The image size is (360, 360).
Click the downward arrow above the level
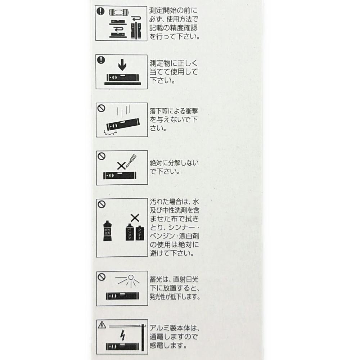click(x=122, y=65)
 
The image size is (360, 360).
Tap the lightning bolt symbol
click(x=123, y=336)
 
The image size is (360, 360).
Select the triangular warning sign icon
click(x=102, y=325)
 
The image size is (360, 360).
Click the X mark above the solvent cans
click(x=135, y=218)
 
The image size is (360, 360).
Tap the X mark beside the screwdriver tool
click(x=121, y=166)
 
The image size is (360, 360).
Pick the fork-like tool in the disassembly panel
click(x=131, y=161)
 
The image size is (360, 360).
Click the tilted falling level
click(x=123, y=124)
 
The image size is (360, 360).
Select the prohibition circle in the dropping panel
click(x=102, y=108)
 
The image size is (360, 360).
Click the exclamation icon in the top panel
click(x=100, y=11)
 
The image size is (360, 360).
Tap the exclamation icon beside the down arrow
click(x=101, y=60)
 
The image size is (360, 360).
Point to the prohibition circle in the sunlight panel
click(x=102, y=277)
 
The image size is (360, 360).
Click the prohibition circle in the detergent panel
click(x=102, y=204)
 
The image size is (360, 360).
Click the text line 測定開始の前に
click(x=174, y=10)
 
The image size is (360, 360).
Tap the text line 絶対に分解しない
click(x=174, y=163)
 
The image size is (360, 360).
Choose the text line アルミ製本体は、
click(x=175, y=328)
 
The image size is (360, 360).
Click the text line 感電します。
click(x=168, y=345)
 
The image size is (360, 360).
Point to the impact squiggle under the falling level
click(x=111, y=133)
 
